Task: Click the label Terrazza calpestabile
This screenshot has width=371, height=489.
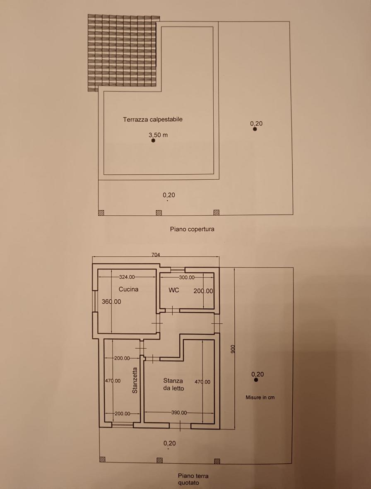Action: tap(153, 119)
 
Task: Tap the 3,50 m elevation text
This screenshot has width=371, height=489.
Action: tap(158, 135)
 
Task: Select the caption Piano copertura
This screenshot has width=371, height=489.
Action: tap(192, 229)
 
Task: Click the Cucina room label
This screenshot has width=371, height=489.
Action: tap(128, 289)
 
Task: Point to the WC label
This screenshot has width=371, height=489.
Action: tap(173, 290)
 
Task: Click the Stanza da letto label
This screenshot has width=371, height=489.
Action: tap(173, 385)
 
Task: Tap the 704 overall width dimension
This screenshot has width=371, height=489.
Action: tap(156, 255)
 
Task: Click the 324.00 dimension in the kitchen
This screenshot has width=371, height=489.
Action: tap(127, 277)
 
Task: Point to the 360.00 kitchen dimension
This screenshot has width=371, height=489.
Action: tap(111, 301)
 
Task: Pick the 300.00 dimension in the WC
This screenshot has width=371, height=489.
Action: tap(187, 277)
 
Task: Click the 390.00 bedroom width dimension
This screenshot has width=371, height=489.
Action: tap(179, 412)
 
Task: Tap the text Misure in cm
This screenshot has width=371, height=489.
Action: tap(260, 397)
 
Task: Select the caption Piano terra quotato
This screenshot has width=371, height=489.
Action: tap(193, 479)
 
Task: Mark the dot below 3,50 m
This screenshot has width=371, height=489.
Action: tap(153, 141)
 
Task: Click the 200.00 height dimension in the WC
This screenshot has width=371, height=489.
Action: tap(203, 291)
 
